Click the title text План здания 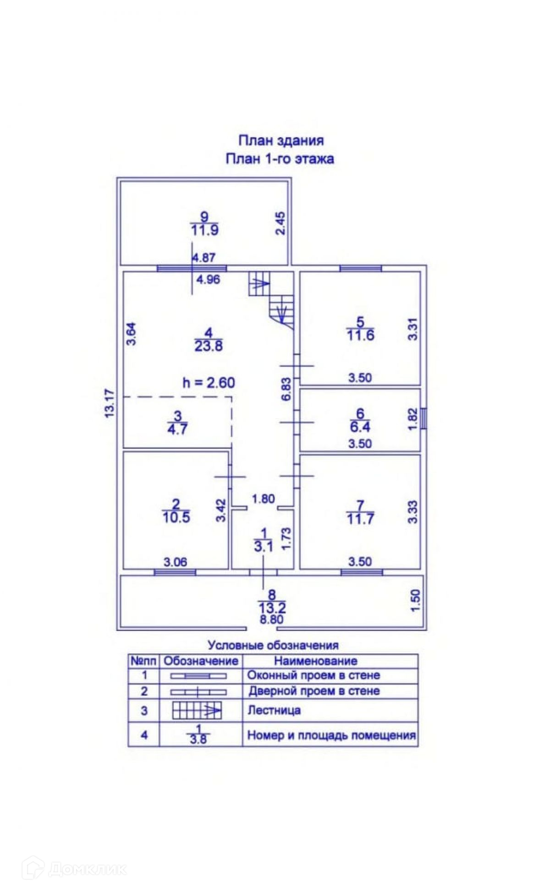[x=280, y=140]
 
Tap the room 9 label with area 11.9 [x=204, y=223]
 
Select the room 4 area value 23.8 [x=209, y=346]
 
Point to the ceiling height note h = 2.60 [x=209, y=382]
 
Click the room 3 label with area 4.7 [x=177, y=423]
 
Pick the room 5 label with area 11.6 [x=360, y=329]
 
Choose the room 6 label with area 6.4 [x=360, y=420]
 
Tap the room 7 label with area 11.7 [x=360, y=513]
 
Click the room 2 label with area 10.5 [x=176, y=511]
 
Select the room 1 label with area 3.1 [x=263, y=540]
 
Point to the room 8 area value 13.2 [x=272, y=608]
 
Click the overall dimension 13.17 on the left [x=110, y=403]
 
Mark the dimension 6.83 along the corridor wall [x=286, y=389]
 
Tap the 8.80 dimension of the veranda [x=272, y=619]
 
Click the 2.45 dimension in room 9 [x=280, y=223]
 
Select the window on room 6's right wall [x=424, y=419]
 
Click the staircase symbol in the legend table [x=197, y=711]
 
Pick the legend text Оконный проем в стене [x=313, y=675]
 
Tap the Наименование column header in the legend [x=315, y=661]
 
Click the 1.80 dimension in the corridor [x=263, y=498]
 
